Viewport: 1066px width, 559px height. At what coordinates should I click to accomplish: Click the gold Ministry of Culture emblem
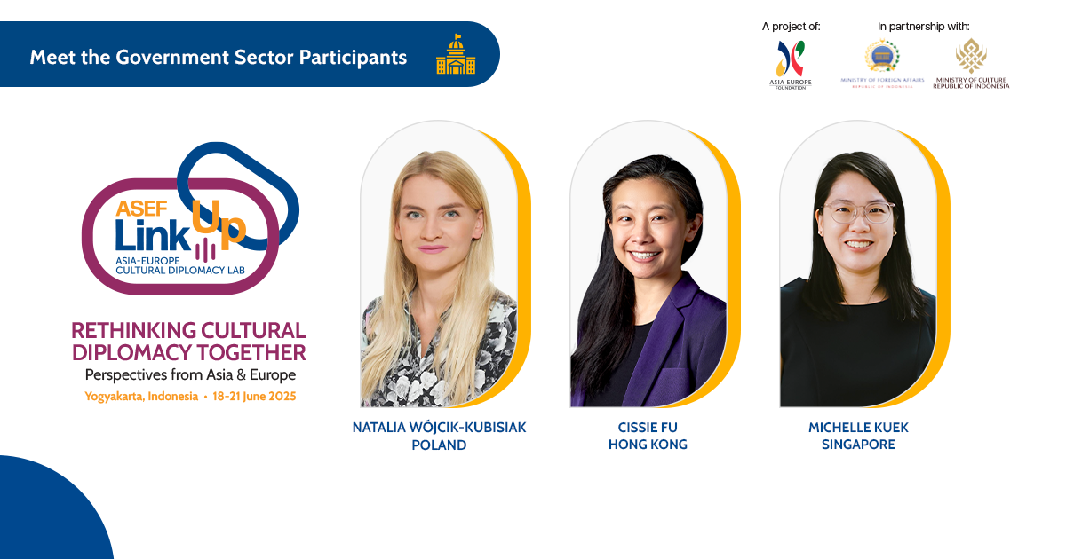(971, 56)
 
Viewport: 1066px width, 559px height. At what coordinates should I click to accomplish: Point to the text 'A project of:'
(791, 27)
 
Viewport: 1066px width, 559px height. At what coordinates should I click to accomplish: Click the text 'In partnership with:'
(923, 27)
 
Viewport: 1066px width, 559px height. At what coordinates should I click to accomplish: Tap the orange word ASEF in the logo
(141, 209)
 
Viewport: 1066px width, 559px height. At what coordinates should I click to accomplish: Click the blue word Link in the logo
(152, 235)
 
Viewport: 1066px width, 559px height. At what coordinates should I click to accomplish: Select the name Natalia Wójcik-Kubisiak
(439, 428)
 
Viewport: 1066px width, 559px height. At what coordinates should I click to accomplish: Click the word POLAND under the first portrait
(439, 445)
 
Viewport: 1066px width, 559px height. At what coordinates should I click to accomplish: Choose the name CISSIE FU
(648, 428)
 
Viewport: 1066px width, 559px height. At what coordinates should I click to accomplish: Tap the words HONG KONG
(648, 445)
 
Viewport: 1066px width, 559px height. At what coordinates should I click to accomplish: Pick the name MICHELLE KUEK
(858, 428)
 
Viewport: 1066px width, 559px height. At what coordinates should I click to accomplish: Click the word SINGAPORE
(858, 445)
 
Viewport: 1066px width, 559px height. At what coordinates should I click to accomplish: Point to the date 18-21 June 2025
(254, 397)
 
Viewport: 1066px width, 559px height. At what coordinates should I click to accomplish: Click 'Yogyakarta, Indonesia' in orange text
(141, 397)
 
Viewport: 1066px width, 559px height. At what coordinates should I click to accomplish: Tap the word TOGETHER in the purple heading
(251, 353)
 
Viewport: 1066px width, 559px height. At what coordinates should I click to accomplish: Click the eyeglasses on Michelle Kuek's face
(859, 213)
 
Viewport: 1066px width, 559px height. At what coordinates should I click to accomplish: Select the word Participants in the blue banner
(353, 58)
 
